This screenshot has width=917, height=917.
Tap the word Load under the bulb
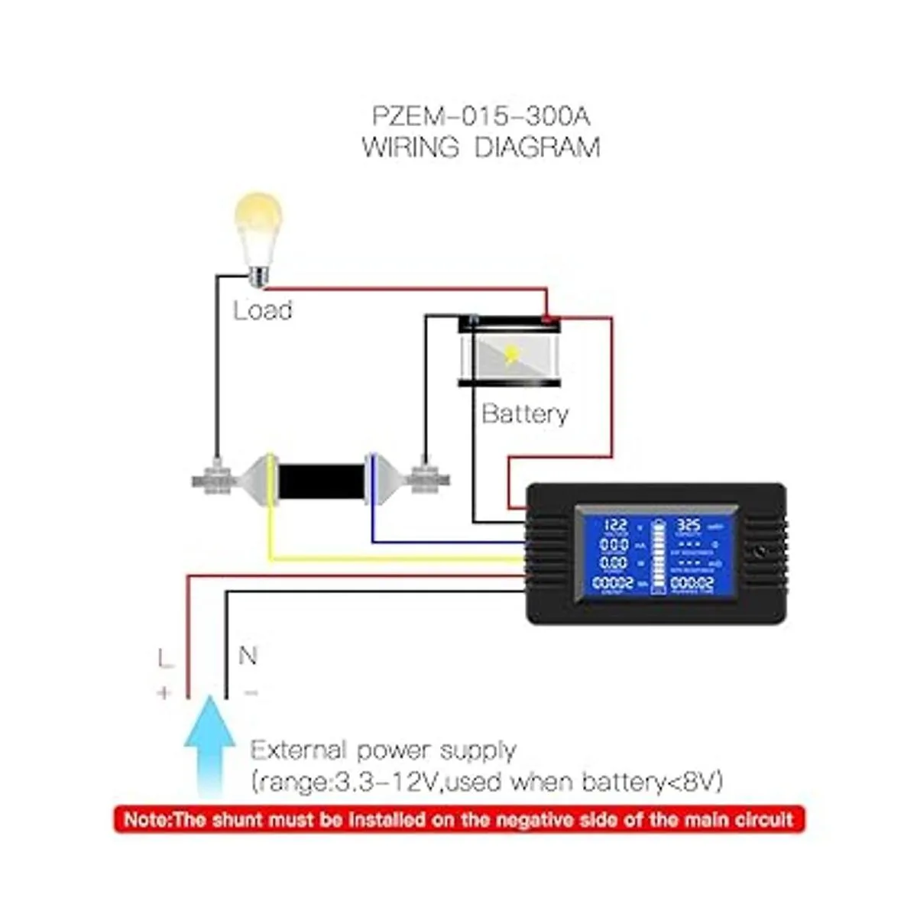[262, 310]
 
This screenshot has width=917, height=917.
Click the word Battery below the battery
[525, 413]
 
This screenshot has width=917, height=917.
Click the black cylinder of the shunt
[320, 480]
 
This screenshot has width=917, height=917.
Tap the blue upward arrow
[209, 745]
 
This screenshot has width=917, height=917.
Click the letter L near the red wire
[165, 658]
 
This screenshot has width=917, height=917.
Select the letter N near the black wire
[248, 656]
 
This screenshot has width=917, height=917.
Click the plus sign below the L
[164, 692]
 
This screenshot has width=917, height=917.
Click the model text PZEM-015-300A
[481, 117]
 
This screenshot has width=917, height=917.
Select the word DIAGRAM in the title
[537, 146]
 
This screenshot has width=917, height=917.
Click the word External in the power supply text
[298, 750]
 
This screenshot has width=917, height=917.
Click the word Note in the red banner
[144, 820]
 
